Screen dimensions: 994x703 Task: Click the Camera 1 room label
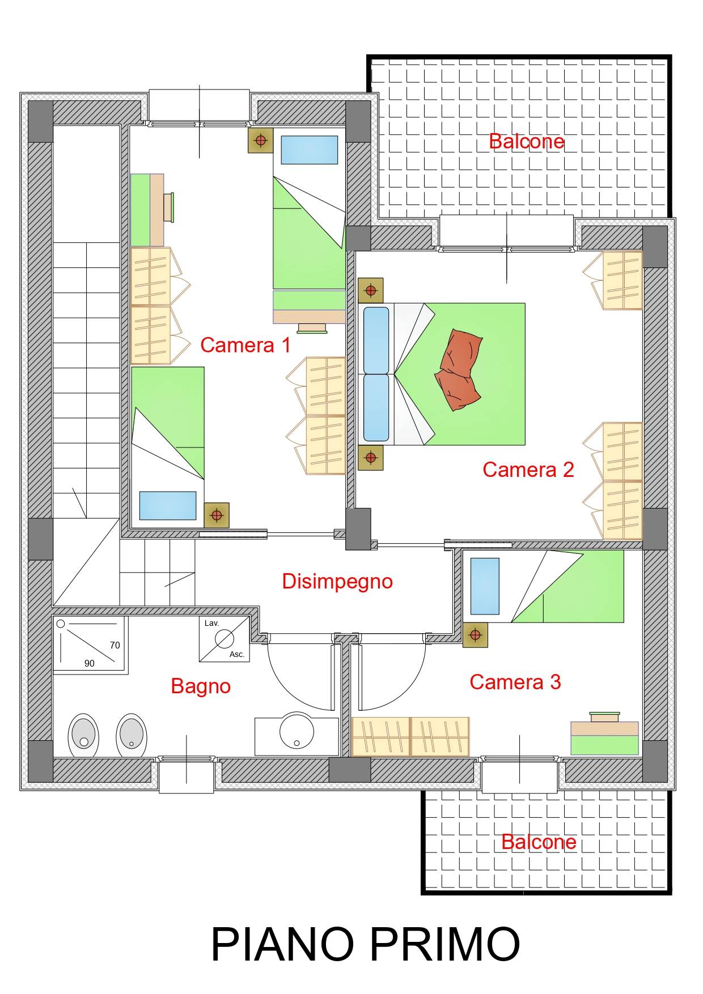[x=245, y=344]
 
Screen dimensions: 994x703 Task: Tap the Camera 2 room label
[x=528, y=469]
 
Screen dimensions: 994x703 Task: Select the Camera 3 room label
[x=515, y=681]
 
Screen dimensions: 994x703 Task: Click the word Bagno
[x=201, y=686]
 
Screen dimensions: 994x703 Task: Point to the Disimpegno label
[x=337, y=581]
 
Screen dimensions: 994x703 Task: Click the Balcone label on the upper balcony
[x=526, y=141]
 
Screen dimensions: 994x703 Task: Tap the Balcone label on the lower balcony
[x=539, y=842]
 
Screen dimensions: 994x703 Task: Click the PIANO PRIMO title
[x=365, y=944]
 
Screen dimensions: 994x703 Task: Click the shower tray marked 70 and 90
[x=89, y=645]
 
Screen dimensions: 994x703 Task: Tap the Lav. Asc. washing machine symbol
[x=225, y=639]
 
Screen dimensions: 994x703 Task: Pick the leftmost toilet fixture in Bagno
[x=83, y=735]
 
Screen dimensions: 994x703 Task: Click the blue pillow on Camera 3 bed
[x=485, y=586]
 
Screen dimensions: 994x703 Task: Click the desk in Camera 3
[x=604, y=739]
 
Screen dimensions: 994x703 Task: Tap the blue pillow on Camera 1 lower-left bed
[x=168, y=505]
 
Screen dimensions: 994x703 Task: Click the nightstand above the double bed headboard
[x=371, y=291]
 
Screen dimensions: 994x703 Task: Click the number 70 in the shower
[x=115, y=645]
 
